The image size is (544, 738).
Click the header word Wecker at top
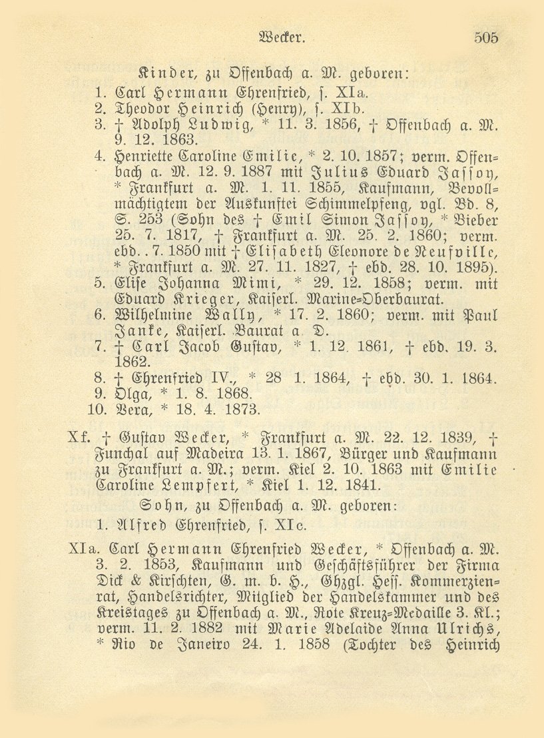(284, 38)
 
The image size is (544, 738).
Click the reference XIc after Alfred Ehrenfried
(293, 524)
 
